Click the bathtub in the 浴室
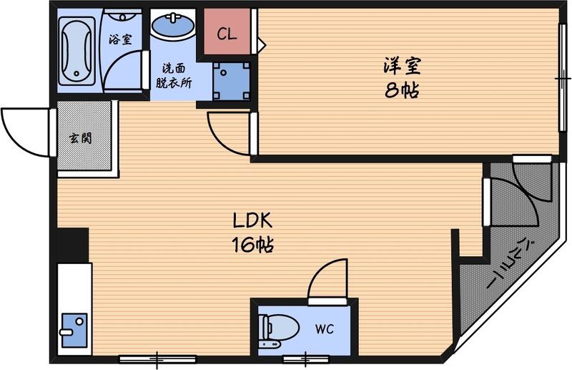tap(77, 52)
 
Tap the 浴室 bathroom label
tap(120, 39)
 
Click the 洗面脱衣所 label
tap(175, 76)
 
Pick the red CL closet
tap(227, 33)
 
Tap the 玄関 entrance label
tap(80, 138)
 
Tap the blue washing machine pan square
tap(231, 81)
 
